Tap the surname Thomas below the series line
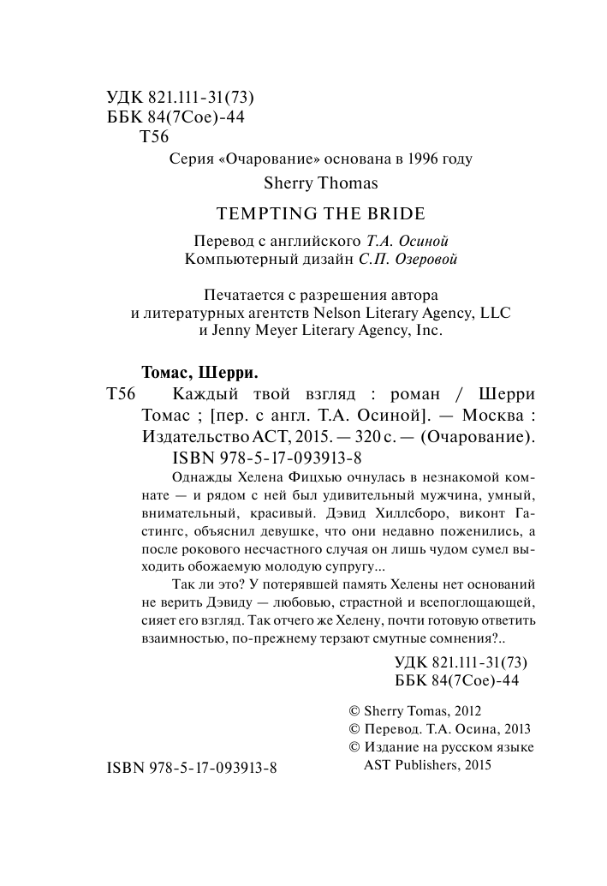coord(346,183)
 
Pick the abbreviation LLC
coord(494,314)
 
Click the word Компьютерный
coord(235,260)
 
